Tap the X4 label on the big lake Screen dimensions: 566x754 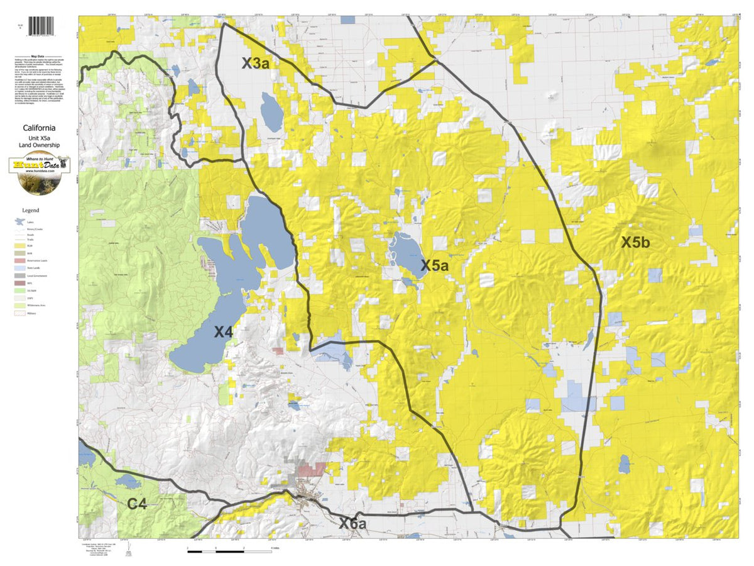coord(223,332)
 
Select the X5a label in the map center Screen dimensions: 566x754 coord(434,266)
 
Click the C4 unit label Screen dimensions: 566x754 coord(138,504)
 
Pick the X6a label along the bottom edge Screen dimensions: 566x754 coord(352,523)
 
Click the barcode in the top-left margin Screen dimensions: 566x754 coord(42,26)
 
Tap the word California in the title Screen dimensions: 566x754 coord(40,128)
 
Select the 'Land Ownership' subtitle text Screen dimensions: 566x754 coord(40,145)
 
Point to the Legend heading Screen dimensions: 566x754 coord(31,210)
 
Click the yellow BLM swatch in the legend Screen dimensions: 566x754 coord(21,247)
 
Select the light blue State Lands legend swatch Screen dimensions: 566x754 coord(21,268)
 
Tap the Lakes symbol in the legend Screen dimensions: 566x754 coord(21,222)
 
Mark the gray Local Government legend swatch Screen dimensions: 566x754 coord(21,275)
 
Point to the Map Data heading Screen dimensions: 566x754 coord(40,55)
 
